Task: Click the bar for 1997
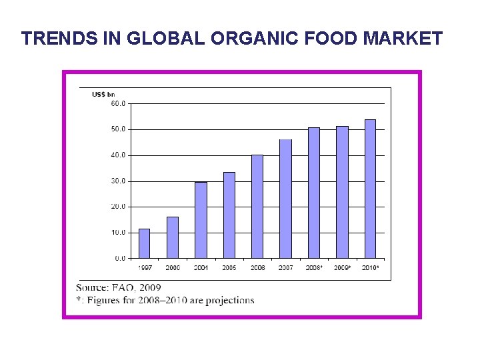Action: point(144,243)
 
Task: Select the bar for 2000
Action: point(172,237)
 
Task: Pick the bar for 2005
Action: point(229,215)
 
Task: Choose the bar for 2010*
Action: point(370,189)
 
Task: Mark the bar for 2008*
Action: point(313,193)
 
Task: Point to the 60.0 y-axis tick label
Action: point(118,103)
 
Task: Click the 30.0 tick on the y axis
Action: point(118,181)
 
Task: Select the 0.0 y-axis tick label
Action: point(119,258)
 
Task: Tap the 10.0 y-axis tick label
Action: point(118,233)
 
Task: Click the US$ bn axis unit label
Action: point(103,94)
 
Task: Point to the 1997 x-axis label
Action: point(144,268)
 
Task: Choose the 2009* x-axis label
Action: point(343,268)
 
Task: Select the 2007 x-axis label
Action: point(285,268)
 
